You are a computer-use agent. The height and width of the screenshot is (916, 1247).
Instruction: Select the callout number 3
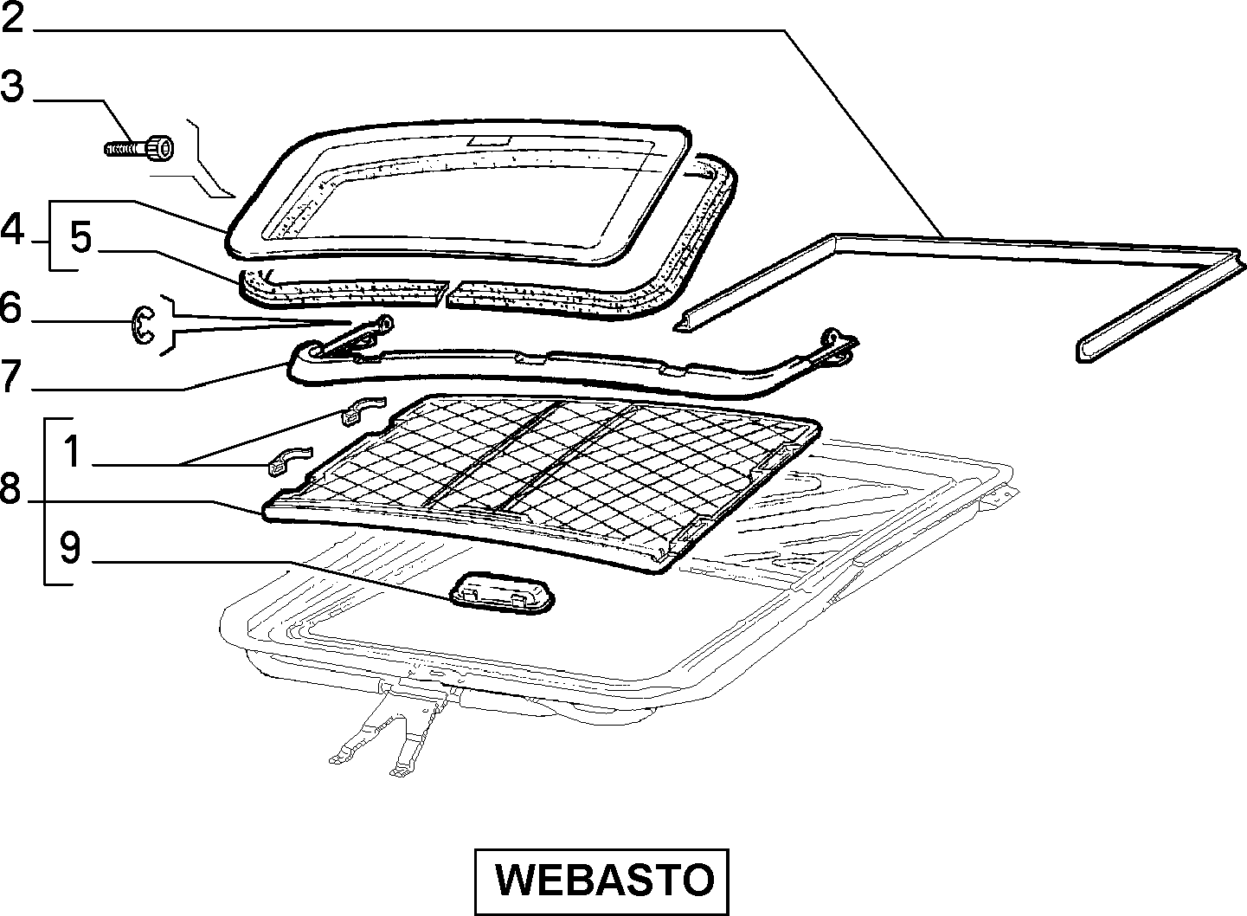(12, 87)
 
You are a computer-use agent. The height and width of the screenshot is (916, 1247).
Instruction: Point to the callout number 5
(80, 237)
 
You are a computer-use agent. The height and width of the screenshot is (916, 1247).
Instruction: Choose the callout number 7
(11, 376)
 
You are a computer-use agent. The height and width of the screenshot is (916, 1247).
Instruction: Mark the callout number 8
(10, 487)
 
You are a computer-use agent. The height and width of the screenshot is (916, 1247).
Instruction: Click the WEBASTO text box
(601, 881)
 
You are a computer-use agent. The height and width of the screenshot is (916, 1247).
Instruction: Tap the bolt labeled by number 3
(139, 149)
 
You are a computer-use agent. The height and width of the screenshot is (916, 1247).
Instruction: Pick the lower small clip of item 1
(290, 460)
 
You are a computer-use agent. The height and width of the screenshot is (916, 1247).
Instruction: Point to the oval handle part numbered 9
(502, 594)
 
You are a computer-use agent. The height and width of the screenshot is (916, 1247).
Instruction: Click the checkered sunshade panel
(540, 481)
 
